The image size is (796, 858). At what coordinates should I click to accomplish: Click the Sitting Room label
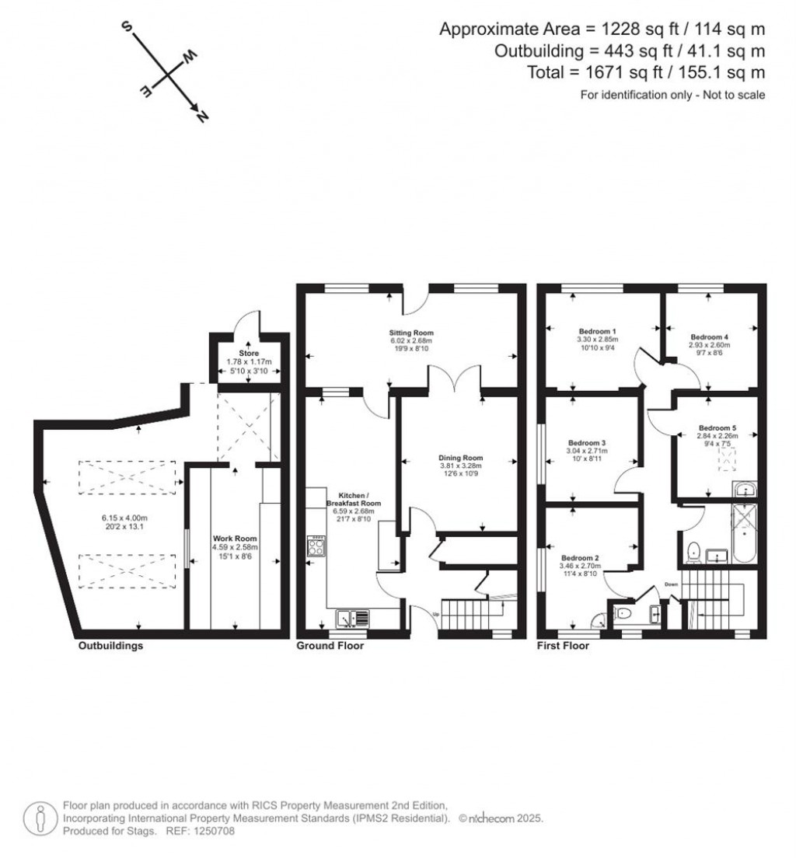410,333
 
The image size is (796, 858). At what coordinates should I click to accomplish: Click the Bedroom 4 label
709,337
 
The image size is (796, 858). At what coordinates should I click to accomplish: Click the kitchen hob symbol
316,546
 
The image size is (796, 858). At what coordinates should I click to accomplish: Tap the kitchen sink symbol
354,619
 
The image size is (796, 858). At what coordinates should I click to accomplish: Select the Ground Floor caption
330,646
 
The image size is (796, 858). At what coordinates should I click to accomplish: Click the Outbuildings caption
110,646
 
